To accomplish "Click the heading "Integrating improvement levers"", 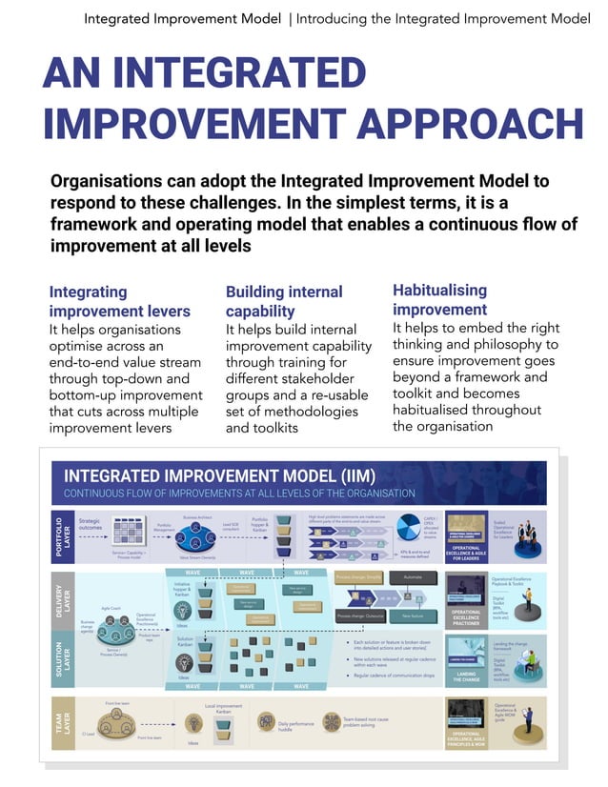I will tap(119, 301).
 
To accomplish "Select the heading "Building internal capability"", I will tap(283, 301).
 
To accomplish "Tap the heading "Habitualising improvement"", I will tap(440, 299).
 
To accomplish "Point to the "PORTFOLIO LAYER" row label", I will tap(61, 535).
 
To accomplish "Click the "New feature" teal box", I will tap(413, 615).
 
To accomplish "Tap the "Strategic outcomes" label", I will tap(90, 524).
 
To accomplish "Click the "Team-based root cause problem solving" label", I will tap(367, 722).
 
